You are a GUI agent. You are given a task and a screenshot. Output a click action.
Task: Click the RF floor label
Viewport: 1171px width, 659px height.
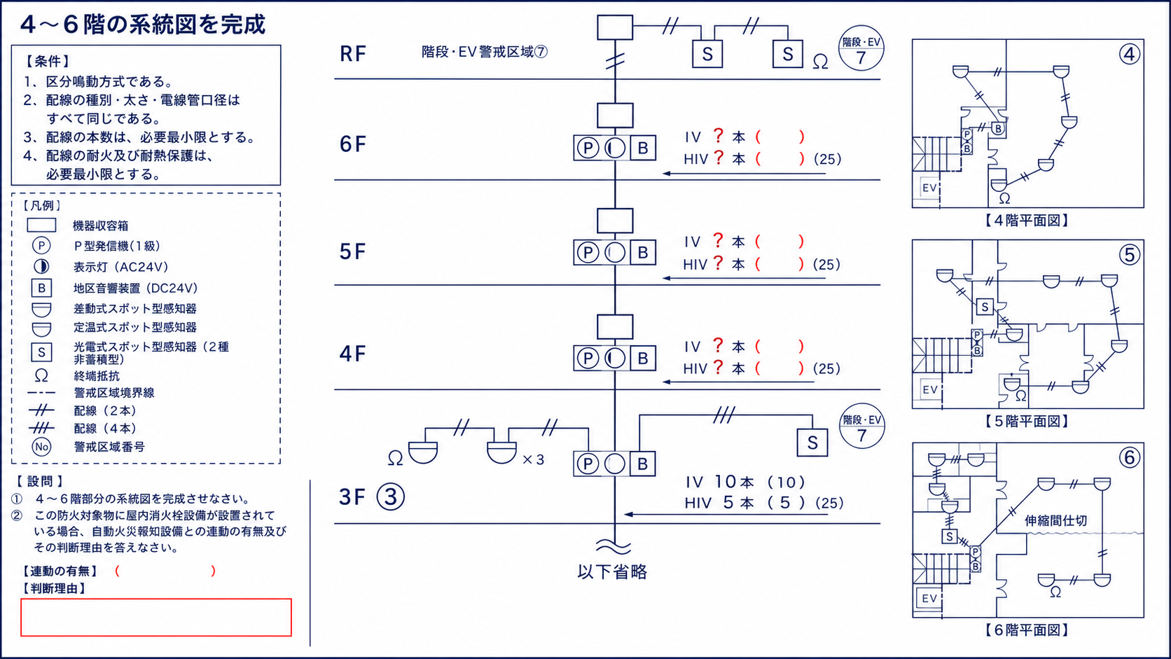click(x=353, y=53)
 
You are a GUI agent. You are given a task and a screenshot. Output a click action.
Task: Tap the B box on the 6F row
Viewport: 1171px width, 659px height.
click(x=642, y=148)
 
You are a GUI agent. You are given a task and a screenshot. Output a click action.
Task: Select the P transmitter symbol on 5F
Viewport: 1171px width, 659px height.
click(x=588, y=253)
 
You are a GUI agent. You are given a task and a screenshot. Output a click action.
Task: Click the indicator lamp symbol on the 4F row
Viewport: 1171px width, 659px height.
click(x=615, y=359)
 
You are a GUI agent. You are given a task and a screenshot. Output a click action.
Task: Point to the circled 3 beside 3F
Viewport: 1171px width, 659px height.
click(x=391, y=497)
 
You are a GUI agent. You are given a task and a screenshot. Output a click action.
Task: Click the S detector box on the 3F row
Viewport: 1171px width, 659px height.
click(x=812, y=443)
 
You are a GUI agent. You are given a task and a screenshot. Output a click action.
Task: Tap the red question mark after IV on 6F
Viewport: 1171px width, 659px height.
click(x=719, y=136)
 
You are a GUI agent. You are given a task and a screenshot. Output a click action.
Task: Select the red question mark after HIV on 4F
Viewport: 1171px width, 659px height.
click(x=719, y=367)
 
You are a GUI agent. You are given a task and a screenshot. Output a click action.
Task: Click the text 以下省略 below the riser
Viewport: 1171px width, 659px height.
click(x=612, y=571)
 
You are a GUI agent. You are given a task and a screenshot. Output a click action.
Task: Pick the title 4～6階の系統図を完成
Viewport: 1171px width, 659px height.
click(x=144, y=25)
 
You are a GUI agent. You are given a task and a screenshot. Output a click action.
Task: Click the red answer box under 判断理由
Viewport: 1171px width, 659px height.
click(x=155, y=617)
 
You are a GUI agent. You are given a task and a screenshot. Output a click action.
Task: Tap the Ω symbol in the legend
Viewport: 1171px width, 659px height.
click(x=41, y=376)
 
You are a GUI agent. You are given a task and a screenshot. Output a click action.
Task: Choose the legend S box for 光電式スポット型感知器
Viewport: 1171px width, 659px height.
click(x=41, y=352)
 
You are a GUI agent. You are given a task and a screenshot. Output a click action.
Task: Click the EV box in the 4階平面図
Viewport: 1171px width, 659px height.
click(x=929, y=188)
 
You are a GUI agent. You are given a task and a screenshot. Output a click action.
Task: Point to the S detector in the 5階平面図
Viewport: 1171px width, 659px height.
click(x=985, y=307)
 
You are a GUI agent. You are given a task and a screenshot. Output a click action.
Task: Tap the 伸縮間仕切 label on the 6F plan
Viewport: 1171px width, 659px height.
click(x=1056, y=520)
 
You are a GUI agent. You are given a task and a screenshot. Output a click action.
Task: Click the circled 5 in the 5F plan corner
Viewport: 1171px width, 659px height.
click(x=1129, y=255)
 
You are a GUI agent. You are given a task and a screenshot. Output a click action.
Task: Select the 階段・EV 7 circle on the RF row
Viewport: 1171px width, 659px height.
click(x=861, y=48)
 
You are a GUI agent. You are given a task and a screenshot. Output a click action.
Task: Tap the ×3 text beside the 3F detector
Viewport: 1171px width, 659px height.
click(x=533, y=459)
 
